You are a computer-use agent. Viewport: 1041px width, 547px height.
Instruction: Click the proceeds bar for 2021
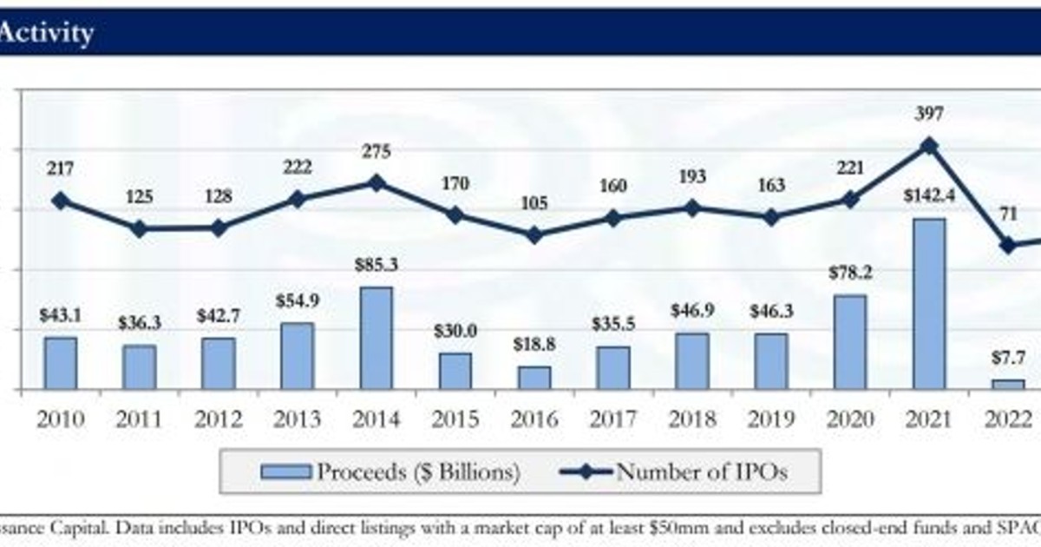(x=929, y=303)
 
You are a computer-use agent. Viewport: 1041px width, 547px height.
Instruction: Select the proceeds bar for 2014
(x=376, y=338)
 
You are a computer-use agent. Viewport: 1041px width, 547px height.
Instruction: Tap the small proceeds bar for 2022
(x=1008, y=384)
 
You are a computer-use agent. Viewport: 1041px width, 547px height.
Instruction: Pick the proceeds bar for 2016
(x=534, y=378)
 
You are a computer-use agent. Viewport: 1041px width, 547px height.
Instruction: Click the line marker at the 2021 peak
(x=929, y=145)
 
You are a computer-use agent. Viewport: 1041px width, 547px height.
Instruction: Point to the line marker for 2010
(x=60, y=201)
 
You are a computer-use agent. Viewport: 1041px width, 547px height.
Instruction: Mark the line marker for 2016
(x=534, y=235)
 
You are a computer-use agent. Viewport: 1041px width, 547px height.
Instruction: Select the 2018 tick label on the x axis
(x=691, y=419)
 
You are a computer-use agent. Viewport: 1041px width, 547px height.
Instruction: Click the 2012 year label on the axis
(x=218, y=419)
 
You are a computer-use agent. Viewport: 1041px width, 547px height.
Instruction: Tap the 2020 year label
(x=849, y=419)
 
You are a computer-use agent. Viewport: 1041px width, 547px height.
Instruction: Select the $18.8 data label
(x=534, y=345)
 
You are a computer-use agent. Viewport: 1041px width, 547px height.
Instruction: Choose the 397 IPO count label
(x=929, y=114)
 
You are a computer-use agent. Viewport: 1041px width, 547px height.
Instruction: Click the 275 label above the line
(x=376, y=152)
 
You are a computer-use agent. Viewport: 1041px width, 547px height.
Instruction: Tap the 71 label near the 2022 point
(x=1007, y=215)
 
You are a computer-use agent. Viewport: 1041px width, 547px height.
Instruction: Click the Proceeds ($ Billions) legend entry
(x=390, y=471)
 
